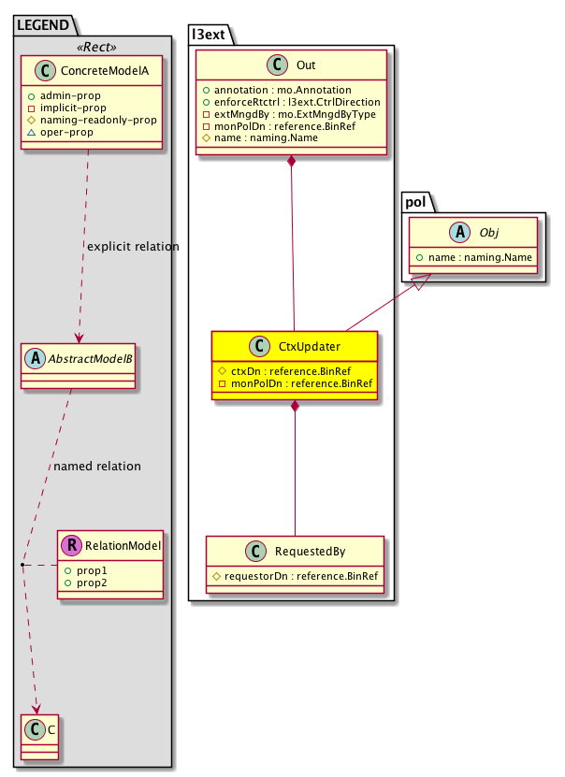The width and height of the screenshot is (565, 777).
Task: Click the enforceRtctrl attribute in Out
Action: pos(291,101)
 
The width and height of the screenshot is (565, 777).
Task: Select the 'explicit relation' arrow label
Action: pos(132,247)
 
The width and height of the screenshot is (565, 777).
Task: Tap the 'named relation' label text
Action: pos(98,465)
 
